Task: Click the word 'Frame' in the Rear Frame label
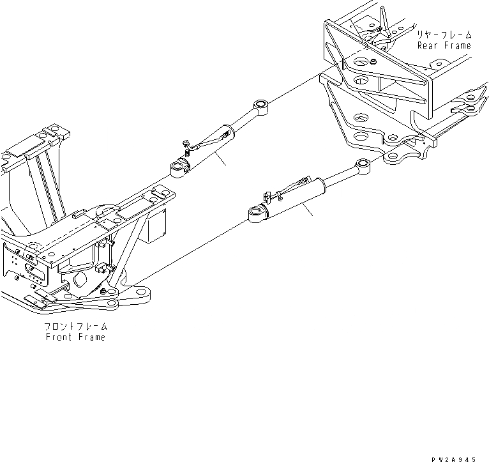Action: click(x=456, y=45)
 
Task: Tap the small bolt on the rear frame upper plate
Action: click(x=371, y=62)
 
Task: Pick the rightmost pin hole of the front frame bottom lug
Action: click(x=142, y=296)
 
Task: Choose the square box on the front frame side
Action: click(x=154, y=229)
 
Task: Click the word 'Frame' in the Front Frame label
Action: click(x=91, y=337)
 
